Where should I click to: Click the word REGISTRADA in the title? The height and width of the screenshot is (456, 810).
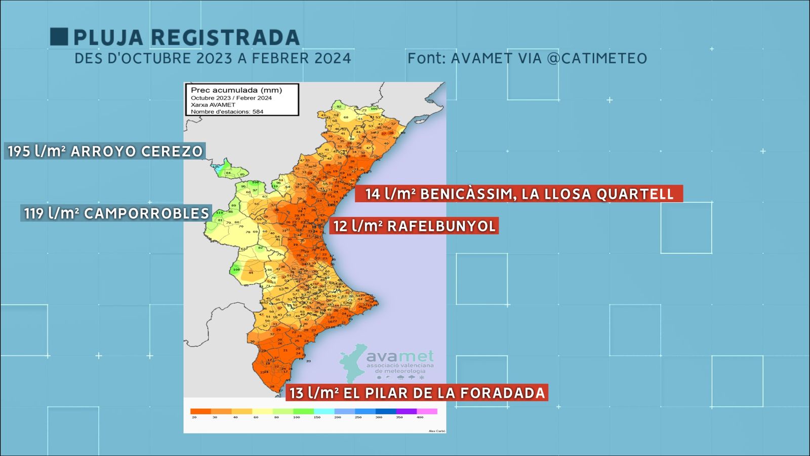225,37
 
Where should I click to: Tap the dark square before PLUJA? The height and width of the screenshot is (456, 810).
59,37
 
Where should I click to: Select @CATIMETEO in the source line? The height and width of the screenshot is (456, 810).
597,58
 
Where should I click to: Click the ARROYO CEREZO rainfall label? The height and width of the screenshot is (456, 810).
136,151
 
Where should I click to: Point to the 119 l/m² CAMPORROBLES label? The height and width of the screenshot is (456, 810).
116,213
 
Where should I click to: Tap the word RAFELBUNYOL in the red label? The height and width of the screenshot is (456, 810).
441,226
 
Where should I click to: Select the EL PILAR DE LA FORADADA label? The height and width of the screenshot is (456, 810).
444,393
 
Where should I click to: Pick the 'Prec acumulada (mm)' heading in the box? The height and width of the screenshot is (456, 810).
236,90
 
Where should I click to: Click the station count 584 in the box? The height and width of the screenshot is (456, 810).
258,111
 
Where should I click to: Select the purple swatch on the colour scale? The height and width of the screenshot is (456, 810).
406,411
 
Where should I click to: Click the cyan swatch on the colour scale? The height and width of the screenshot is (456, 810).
324,411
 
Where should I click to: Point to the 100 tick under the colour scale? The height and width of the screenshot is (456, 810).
297,417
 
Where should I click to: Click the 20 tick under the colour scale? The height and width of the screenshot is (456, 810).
194,417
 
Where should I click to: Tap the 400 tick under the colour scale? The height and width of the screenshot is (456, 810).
420,417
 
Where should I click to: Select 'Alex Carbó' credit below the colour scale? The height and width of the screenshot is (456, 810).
437,431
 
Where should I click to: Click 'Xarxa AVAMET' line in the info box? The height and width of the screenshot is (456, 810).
213,105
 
